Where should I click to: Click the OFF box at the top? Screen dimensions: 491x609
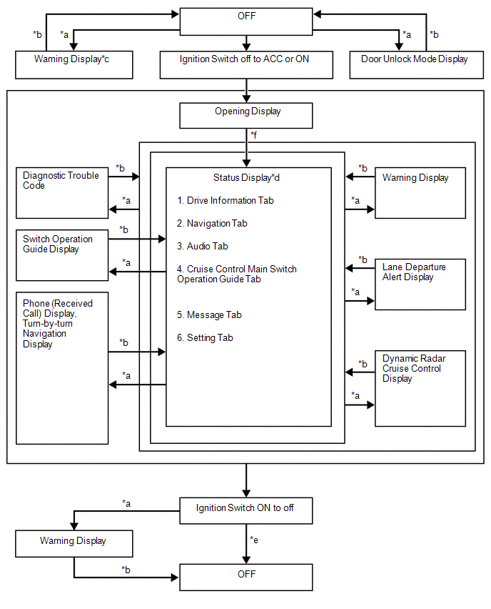click(246, 21)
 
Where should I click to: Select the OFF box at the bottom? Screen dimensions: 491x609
click(246, 577)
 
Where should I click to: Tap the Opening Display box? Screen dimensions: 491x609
click(246, 115)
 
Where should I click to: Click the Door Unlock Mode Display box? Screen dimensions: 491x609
click(417, 65)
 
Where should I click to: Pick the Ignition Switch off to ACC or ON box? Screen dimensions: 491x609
click(246, 65)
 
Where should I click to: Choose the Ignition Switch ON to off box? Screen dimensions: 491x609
click(246, 511)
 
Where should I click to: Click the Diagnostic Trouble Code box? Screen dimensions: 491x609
click(62, 193)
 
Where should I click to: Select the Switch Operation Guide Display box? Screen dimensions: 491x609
click(62, 255)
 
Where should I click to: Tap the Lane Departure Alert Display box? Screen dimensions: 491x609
click(420, 284)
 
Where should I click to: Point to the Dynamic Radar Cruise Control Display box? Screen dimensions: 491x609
click(420, 388)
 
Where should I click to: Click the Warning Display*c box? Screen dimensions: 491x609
click(74, 65)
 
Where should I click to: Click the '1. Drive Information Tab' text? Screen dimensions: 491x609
click(226, 200)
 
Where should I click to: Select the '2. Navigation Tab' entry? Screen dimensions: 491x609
click(212, 223)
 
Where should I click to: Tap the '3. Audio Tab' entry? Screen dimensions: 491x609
click(203, 246)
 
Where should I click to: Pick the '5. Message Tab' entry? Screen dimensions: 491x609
click(209, 315)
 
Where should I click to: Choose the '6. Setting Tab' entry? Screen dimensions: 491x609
click(205, 338)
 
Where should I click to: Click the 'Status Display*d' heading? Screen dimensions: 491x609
click(246, 177)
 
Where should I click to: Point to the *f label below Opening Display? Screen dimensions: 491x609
click(254, 135)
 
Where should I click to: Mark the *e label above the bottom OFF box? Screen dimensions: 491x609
click(254, 540)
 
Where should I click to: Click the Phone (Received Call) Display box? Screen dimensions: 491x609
click(62, 368)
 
